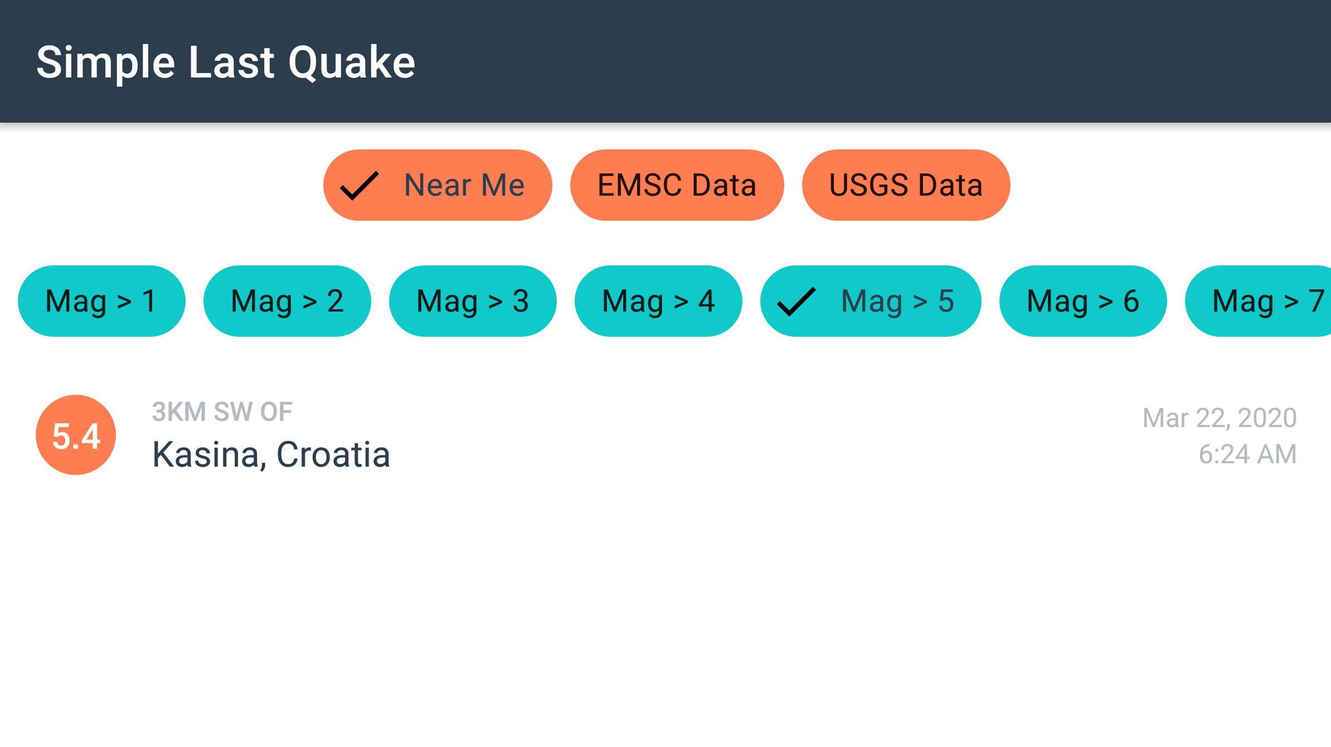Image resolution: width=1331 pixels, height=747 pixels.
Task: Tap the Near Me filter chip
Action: point(438,185)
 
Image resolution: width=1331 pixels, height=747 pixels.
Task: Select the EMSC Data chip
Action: point(677,185)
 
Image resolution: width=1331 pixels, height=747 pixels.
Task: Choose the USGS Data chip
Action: point(906,185)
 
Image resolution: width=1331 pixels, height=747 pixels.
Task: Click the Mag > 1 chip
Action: point(101,301)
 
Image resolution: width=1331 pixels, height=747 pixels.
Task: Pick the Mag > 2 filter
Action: point(287,301)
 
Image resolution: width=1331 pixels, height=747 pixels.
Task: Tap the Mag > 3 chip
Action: point(473,301)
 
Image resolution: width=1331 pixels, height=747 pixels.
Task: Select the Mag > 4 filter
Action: point(658,301)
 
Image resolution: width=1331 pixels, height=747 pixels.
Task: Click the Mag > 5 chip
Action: point(871,301)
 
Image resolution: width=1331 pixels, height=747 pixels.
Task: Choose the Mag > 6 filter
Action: point(1083,301)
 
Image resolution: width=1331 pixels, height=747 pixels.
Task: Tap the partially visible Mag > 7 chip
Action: point(1259,301)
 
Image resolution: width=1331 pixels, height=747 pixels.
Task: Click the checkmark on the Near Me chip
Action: point(360,186)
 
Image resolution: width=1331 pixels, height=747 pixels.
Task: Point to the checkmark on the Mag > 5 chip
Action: point(796,302)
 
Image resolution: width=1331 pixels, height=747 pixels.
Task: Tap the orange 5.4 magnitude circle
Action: point(76,435)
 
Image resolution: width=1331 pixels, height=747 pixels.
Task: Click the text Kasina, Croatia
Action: point(271,454)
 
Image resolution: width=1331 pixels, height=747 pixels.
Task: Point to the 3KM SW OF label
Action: point(222,413)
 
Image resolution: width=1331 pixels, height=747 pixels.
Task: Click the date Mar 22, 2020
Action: point(1220,418)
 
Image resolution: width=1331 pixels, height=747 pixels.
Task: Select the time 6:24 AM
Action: point(1247,454)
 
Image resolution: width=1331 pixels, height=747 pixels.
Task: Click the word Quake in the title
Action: point(352,63)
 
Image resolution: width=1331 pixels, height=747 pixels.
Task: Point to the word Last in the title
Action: point(231,62)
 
